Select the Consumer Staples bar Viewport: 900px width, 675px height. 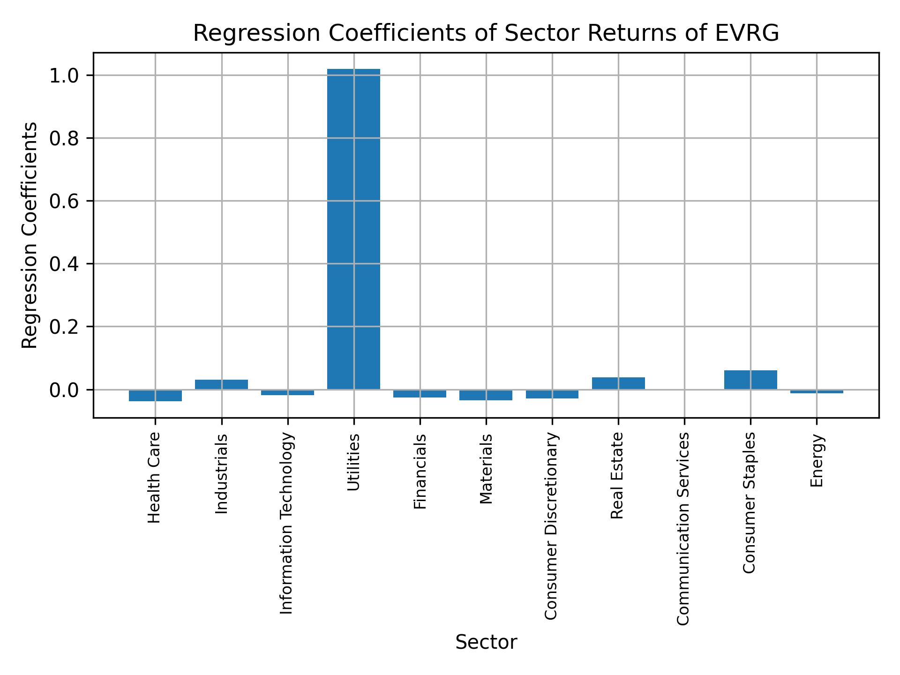(x=750, y=380)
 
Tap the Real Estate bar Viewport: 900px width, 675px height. (x=618, y=383)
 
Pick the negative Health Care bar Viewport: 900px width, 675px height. (x=155, y=396)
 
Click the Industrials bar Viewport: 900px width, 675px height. (x=221, y=384)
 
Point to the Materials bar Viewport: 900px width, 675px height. (x=486, y=395)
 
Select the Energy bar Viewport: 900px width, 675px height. (x=817, y=391)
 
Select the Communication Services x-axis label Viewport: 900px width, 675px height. (x=684, y=528)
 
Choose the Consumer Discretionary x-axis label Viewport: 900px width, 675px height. (x=552, y=525)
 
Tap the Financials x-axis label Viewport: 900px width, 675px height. (x=420, y=471)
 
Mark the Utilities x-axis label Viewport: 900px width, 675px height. (x=354, y=462)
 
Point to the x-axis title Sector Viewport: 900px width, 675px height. (x=486, y=642)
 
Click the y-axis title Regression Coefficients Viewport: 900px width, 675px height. (x=30, y=235)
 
